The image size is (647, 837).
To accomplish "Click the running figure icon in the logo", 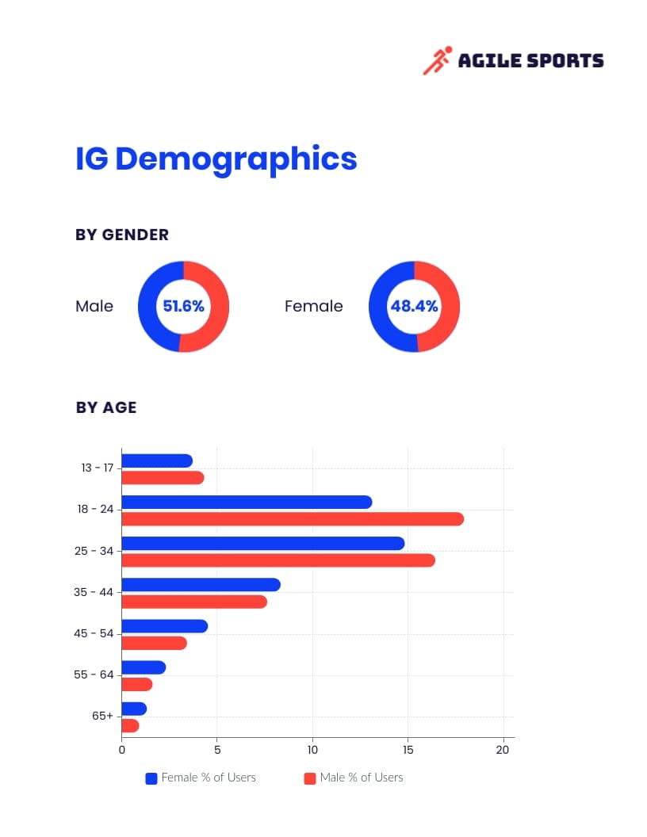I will (437, 60).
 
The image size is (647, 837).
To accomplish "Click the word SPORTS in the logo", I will (565, 61).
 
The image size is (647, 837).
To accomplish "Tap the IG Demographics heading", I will (216, 159).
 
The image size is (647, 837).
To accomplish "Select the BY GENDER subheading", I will (122, 235).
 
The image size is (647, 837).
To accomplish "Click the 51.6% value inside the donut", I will (183, 306).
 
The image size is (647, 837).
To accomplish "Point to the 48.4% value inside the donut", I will (414, 306).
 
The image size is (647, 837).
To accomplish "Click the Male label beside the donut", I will (94, 306).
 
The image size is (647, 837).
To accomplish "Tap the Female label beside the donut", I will (314, 306).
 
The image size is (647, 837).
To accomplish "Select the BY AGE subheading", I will (106, 407).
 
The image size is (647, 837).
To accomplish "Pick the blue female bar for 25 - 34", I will (262, 543).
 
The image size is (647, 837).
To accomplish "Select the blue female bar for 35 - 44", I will (201, 585).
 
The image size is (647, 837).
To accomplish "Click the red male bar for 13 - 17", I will (163, 478).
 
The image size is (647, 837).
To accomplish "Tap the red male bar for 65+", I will (130, 725).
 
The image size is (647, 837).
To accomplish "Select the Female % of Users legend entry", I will (201, 778).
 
